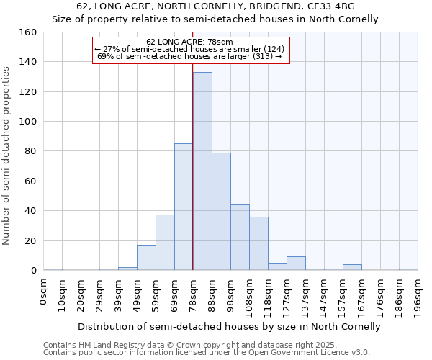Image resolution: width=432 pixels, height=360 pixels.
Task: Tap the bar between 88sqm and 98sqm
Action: pyautogui.click(x=221, y=212)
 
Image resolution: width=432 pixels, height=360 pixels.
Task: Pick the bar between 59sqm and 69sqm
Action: pyautogui.click(x=165, y=243)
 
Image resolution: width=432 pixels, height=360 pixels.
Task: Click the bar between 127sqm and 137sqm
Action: pyautogui.click(x=296, y=264)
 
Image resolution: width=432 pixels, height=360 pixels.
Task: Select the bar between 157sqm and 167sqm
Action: pyautogui.click(x=352, y=268)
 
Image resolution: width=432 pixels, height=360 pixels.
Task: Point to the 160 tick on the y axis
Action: pyautogui.click(x=28, y=32)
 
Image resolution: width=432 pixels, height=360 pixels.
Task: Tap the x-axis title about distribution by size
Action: pyautogui.click(x=229, y=327)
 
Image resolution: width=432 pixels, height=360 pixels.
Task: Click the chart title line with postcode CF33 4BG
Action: pyautogui.click(x=216, y=6)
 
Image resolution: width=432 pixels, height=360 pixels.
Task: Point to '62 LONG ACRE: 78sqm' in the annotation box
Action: pyautogui.click(x=189, y=42)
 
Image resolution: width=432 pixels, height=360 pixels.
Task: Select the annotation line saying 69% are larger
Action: pyautogui.click(x=189, y=56)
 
